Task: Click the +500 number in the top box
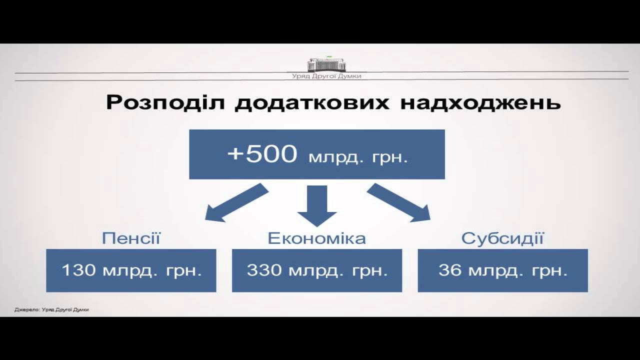click(x=262, y=154)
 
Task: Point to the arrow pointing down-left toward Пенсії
click(x=236, y=202)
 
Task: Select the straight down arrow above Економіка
click(x=317, y=204)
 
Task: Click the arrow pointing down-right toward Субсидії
click(x=399, y=202)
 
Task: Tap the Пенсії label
click(x=131, y=238)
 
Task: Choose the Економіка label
click(x=317, y=238)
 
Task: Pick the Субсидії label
click(x=502, y=238)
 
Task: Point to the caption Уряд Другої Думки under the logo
click(x=326, y=76)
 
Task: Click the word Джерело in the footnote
click(x=23, y=310)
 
